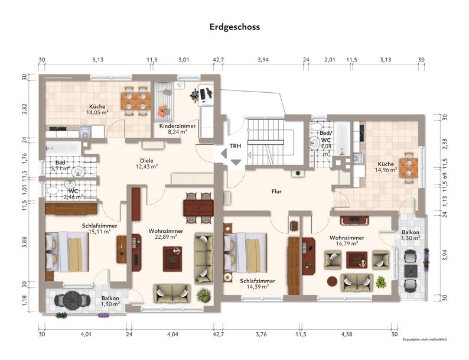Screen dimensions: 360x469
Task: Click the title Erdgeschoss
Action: click(234, 27)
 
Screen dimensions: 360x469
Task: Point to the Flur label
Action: click(276, 192)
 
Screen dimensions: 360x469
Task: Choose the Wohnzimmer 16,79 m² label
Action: click(347, 240)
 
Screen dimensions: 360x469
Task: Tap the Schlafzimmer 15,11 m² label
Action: click(99, 228)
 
